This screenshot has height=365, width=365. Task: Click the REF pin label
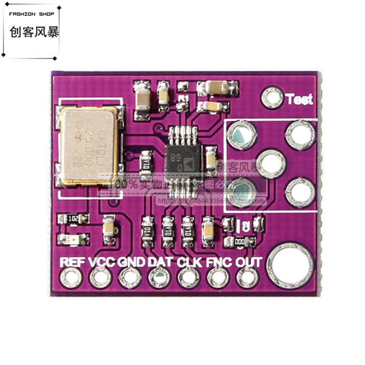pos(72,262)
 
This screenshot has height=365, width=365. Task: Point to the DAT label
pos(161,262)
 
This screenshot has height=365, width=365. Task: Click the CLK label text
pos(190,262)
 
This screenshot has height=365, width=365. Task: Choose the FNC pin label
pos(219,262)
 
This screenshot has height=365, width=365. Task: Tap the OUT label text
pos(248,262)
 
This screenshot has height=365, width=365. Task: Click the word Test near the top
pos(299,99)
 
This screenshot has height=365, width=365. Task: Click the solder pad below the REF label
pos(70,278)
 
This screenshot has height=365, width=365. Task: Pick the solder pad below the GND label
pos(130,278)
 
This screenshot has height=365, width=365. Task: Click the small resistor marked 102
pos(74,219)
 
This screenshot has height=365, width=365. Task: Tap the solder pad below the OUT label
pos(248,278)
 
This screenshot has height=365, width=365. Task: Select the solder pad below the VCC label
pos(100,278)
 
